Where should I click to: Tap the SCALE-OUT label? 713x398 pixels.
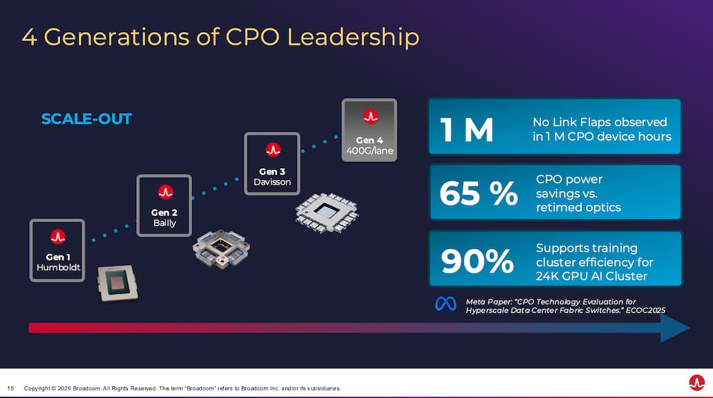click(86, 119)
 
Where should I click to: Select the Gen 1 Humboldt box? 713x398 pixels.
click(57, 250)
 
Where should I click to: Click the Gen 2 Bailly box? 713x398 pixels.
click(164, 206)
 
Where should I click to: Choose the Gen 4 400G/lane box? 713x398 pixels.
click(370, 130)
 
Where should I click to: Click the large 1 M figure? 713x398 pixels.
click(468, 130)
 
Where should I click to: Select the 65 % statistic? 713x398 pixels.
click(478, 195)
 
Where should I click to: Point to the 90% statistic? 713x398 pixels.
click(477, 261)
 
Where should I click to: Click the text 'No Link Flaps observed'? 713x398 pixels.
click(600, 122)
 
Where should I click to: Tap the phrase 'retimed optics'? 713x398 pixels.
click(578, 208)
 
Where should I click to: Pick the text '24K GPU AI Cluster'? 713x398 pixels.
click(591, 276)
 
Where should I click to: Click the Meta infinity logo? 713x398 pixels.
click(446, 304)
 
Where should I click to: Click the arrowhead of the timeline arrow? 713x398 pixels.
click(675, 328)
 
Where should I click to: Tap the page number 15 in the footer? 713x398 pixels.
click(11, 388)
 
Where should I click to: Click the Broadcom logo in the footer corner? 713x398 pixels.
click(696, 382)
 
